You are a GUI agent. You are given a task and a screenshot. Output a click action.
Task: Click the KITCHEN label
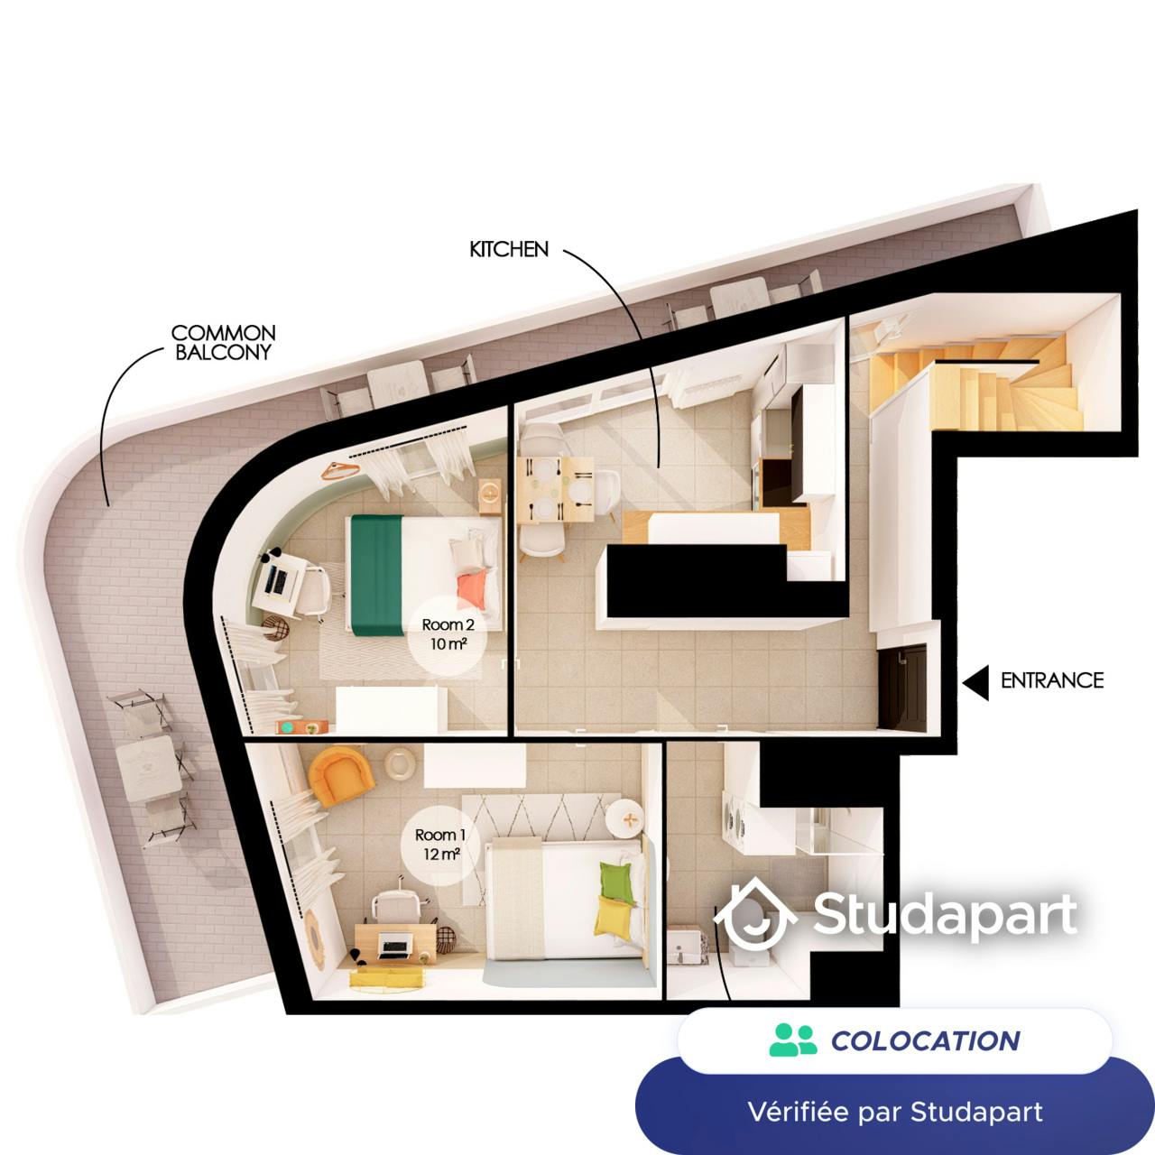tap(509, 249)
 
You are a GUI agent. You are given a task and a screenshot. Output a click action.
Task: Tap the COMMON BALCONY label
tap(224, 343)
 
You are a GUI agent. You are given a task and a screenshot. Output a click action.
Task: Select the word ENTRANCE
tap(1052, 680)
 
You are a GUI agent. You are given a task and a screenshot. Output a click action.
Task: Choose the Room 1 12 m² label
tap(439, 845)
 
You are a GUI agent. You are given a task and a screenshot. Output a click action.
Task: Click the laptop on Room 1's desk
tap(394, 944)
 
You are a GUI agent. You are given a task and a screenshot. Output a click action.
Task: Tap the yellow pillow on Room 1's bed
tap(611, 919)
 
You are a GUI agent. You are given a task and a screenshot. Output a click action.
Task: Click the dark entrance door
tap(903, 686)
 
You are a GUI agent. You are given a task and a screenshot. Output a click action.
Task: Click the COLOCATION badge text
tap(926, 1040)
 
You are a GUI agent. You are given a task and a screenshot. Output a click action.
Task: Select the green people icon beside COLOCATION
tap(793, 1039)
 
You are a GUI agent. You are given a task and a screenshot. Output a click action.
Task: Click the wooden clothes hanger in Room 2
tap(340, 471)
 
